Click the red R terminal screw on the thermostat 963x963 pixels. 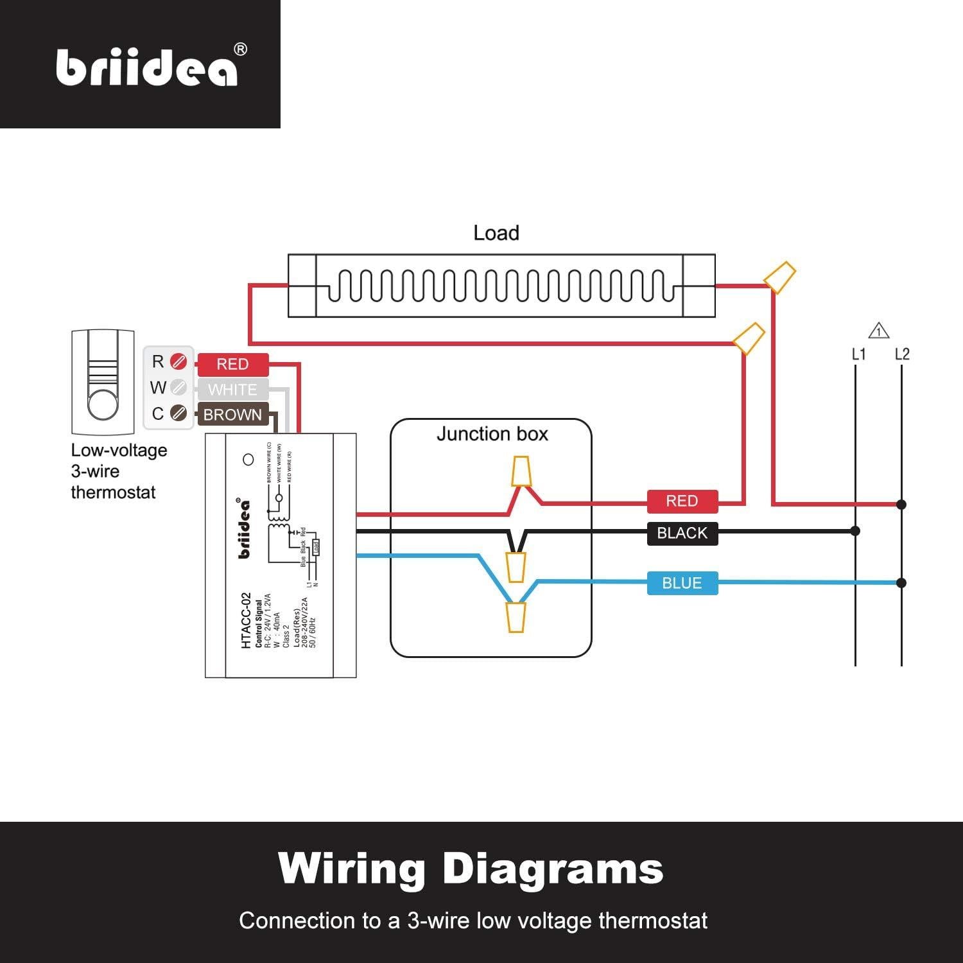[178, 362]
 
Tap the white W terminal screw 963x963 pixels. [178, 388]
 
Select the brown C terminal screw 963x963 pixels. [178, 413]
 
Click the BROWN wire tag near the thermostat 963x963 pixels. [232, 415]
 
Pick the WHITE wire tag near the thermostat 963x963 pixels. [232, 390]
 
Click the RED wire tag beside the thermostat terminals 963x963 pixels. [232, 365]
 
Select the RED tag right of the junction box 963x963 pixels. [682, 501]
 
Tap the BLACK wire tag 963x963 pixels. [682, 533]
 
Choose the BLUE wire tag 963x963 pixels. [682, 583]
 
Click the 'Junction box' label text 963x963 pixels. [492, 434]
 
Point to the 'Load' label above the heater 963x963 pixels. [496, 233]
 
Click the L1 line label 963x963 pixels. [858, 354]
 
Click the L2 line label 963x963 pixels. [902, 354]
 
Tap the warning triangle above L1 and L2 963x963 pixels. [878, 331]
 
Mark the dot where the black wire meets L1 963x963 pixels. [855, 531]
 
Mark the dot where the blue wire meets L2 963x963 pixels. [901, 583]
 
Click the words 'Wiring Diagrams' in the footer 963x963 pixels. [471, 869]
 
